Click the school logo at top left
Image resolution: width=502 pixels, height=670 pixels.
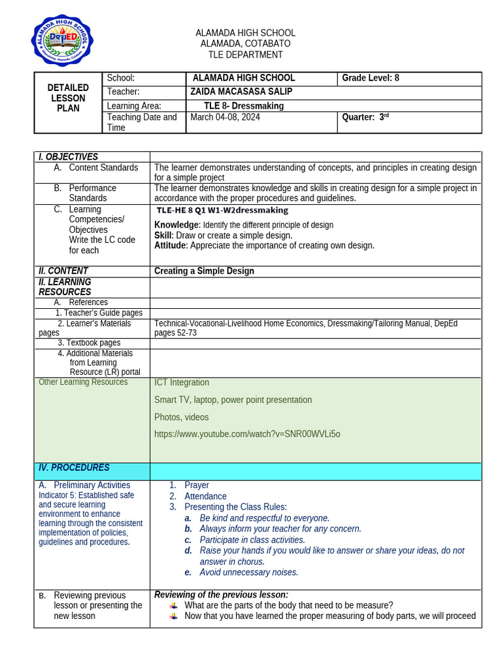(x=62, y=41)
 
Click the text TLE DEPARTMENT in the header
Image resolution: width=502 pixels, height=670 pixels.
(x=245, y=55)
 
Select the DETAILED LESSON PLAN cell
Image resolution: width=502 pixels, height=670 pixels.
(x=68, y=98)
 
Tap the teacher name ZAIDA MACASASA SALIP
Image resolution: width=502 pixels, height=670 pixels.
(x=241, y=92)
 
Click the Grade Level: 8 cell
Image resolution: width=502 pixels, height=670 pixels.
(x=371, y=78)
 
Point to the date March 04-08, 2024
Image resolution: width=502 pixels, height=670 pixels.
(x=225, y=117)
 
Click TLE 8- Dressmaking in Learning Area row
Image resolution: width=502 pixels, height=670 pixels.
(x=244, y=105)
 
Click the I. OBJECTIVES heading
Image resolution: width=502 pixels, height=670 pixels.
(x=68, y=157)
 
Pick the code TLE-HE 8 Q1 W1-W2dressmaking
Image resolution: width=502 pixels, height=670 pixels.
(x=222, y=211)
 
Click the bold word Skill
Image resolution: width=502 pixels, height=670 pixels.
(x=163, y=236)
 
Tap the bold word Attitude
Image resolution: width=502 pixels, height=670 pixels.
(x=170, y=246)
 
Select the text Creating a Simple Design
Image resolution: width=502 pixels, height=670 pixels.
(x=204, y=271)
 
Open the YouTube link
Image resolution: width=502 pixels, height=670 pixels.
(x=247, y=434)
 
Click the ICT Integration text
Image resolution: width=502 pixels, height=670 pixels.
(x=182, y=383)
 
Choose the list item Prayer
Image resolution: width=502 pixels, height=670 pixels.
(x=197, y=485)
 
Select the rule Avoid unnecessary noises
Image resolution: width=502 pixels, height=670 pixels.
(x=248, y=573)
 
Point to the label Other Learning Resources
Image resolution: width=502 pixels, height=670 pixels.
(x=83, y=382)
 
